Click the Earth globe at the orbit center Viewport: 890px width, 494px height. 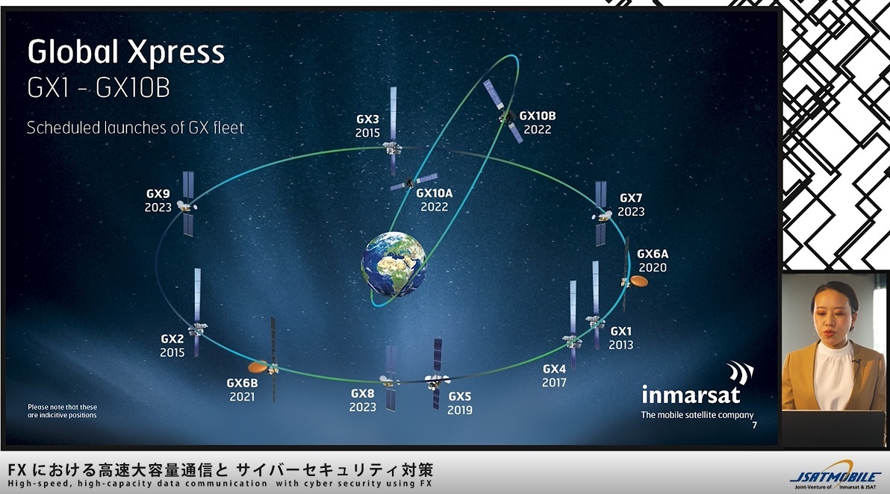click(394, 263)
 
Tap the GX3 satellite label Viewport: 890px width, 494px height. click(368, 119)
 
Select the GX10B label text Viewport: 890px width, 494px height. click(538, 116)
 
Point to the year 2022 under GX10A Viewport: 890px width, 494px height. click(435, 207)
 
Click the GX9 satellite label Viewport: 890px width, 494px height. click(158, 194)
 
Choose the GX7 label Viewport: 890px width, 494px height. click(631, 198)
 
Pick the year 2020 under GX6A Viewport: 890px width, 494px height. click(653, 268)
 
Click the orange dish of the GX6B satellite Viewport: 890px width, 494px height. click(258, 367)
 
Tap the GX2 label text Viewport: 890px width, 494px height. click(172, 339)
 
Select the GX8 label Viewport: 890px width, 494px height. click(363, 393)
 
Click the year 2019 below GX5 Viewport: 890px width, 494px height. click(460, 410)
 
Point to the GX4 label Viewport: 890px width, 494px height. click(555, 369)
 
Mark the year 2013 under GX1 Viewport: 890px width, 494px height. click(621, 345)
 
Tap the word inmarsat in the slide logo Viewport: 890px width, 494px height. click(691, 394)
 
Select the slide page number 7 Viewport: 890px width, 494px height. click(754, 425)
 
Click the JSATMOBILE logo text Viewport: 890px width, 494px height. click(835, 477)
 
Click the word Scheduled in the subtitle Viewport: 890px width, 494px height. click(63, 128)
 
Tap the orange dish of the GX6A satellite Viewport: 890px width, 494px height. click(639, 281)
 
